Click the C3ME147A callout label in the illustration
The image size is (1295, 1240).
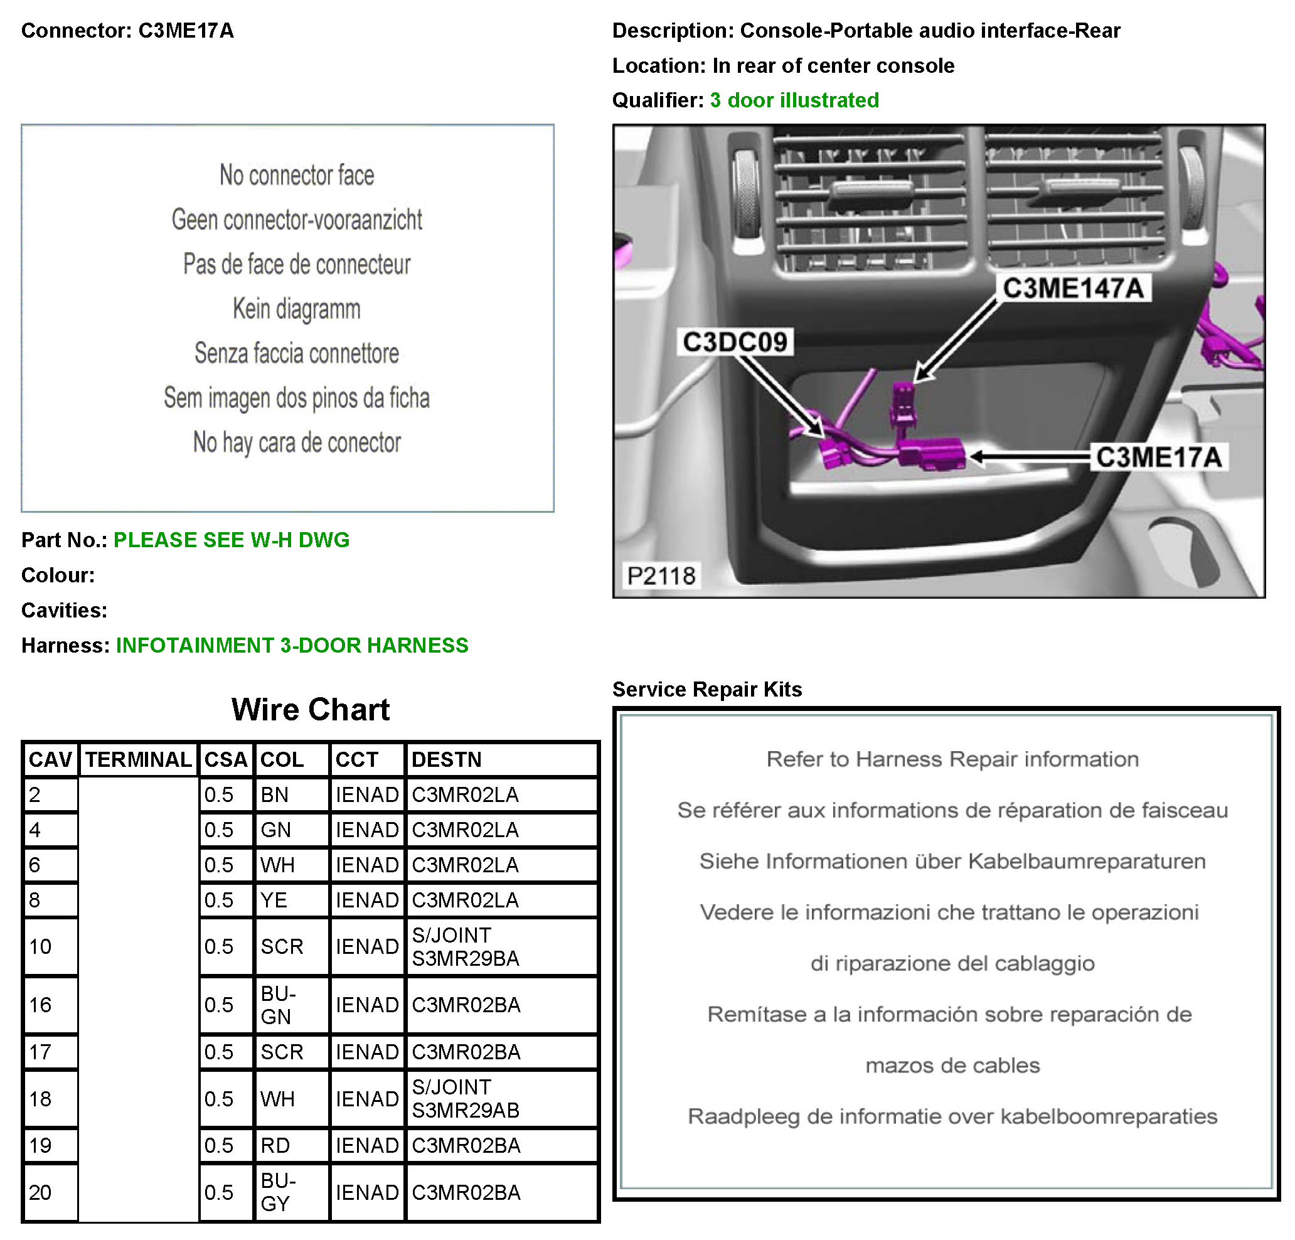coord(1072,288)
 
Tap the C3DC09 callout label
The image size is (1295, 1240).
coord(735,342)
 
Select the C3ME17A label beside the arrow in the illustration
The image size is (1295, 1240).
coord(1158,457)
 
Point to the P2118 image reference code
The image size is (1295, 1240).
coord(661,575)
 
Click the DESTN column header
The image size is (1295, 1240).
coord(446,759)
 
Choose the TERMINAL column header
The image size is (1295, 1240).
coord(138,759)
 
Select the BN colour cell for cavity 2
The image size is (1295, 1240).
coord(275,794)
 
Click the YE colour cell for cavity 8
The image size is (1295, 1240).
coord(274,900)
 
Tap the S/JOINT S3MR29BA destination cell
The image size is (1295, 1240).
coord(466,946)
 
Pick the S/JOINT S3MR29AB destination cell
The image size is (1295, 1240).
coord(466,1099)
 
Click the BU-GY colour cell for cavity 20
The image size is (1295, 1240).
coord(277,1192)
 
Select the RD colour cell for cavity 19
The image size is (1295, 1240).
coord(275,1145)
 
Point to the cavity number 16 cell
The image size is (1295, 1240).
coord(40,1005)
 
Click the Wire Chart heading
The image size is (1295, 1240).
coord(311,709)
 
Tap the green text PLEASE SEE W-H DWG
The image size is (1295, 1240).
coord(232,540)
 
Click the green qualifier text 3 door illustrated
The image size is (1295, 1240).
coord(794,100)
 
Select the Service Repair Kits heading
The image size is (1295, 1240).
coord(707,689)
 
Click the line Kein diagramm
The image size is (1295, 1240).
coord(297,309)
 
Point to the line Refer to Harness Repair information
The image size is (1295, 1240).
coord(952,759)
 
